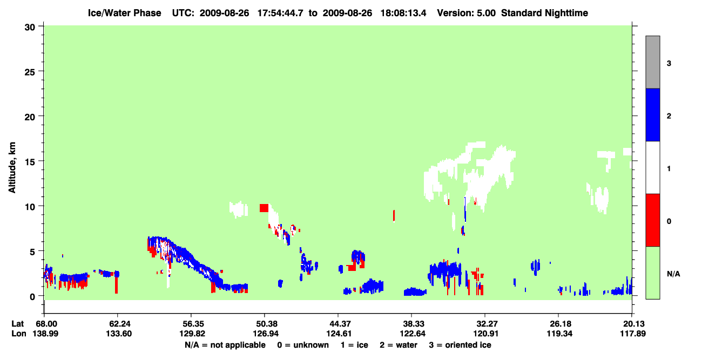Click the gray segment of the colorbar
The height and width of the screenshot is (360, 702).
653,62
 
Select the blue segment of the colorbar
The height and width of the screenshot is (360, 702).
653,114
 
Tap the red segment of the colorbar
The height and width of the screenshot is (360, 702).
653,220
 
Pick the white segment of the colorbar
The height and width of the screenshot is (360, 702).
653,168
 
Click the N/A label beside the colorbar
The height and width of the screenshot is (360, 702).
673,274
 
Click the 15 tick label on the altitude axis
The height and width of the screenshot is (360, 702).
30,161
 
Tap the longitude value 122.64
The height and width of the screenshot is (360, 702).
413,334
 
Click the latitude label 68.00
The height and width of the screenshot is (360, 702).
46,324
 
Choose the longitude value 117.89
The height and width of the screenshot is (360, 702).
633,334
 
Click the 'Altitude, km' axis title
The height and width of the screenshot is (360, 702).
12,168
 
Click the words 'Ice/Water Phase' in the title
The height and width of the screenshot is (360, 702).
124,13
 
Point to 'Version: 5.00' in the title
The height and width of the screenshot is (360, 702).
467,13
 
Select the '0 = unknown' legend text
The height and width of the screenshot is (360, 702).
303,345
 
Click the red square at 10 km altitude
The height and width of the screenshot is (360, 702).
264,208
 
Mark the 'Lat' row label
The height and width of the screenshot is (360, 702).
17,324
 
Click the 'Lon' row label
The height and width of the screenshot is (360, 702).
19,334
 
